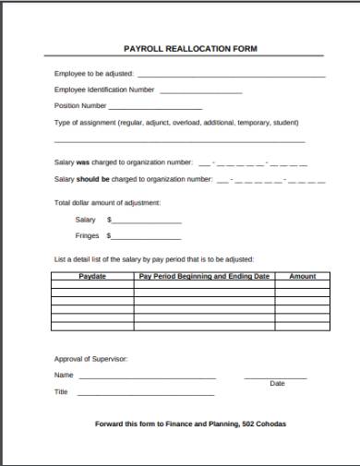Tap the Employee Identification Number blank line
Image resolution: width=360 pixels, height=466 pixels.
point(201,92)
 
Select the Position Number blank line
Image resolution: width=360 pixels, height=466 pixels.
point(156,108)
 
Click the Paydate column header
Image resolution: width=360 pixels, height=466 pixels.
point(92,276)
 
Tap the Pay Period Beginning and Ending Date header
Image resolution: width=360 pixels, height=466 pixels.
point(204,276)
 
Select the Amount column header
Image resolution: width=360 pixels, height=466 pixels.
point(303,276)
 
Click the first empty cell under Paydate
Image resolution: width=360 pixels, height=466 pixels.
point(92,284)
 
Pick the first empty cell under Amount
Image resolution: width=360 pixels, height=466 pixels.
point(303,284)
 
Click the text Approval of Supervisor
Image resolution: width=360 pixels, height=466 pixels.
point(90,358)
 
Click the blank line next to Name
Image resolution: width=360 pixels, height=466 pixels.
point(147,377)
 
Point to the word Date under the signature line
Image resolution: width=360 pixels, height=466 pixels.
point(277,384)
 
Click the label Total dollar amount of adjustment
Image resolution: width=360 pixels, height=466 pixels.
point(107,202)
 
